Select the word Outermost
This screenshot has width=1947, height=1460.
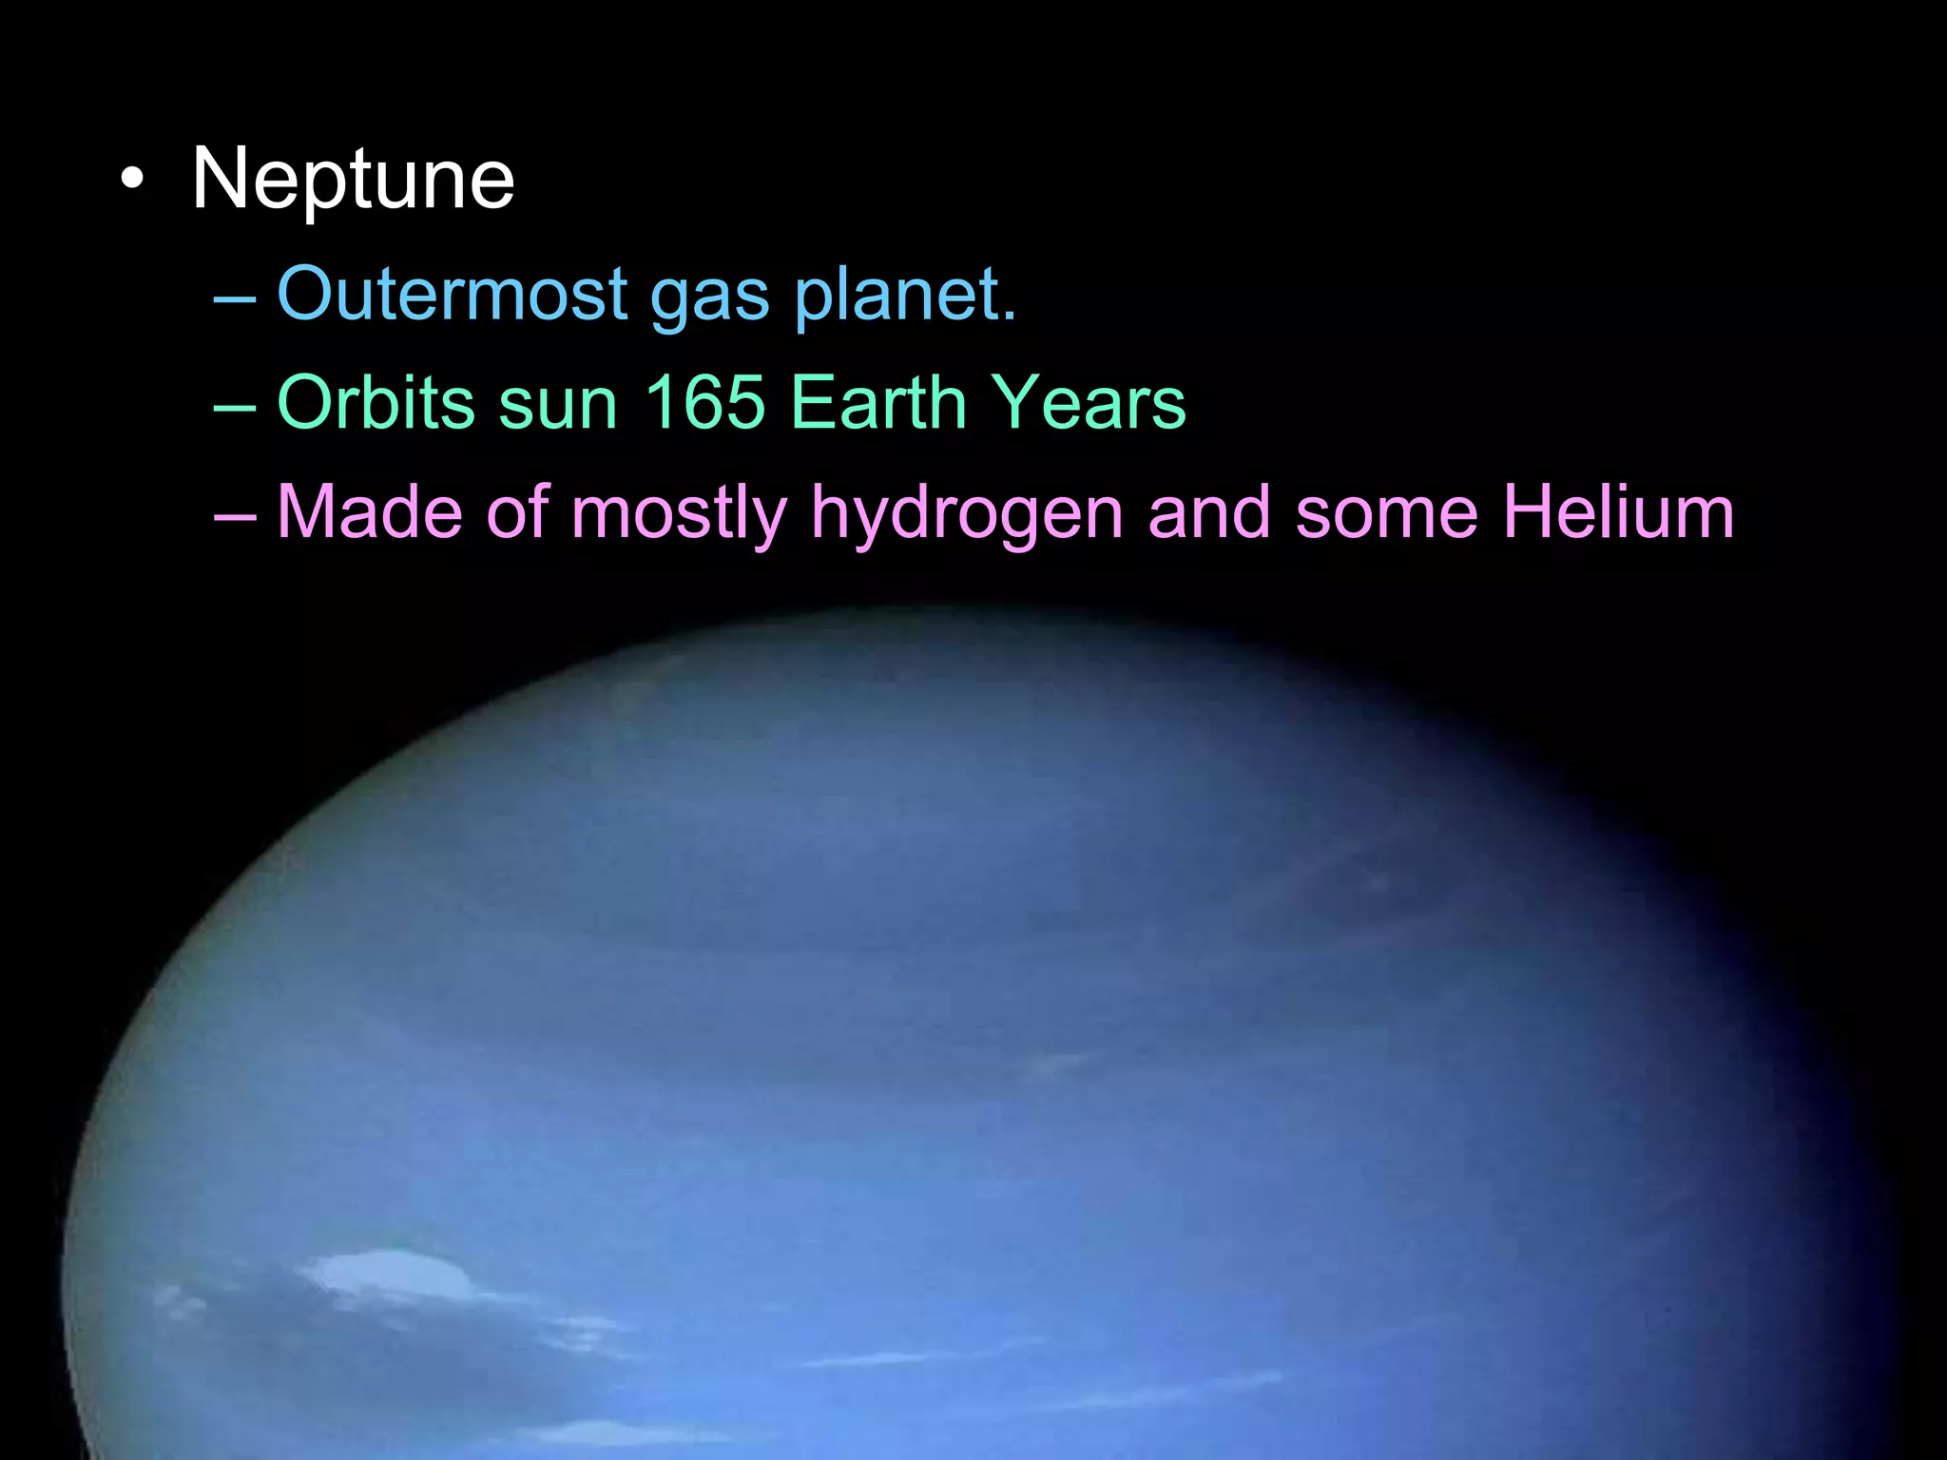click(x=452, y=294)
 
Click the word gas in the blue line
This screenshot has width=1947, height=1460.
click(x=709, y=297)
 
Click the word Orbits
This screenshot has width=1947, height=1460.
click(x=376, y=402)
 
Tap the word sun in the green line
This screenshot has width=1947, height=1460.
click(x=558, y=404)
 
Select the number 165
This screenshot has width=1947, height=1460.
click(x=704, y=402)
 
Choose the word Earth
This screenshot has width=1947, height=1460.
click(x=877, y=402)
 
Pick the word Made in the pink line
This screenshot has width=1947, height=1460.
click(x=370, y=512)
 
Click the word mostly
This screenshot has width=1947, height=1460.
click(x=679, y=515)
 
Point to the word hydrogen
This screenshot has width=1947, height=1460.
click(x=967, y=515)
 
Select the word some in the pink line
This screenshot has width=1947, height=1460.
click(x=1386, y=514)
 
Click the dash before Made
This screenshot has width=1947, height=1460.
click(x=235, y=517)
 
